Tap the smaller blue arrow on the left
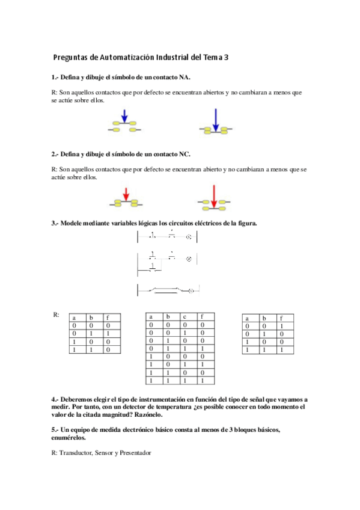click(x=124, y=115)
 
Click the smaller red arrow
click(x=126, y=194)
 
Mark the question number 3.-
click(x=55, y=224)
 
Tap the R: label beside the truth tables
click(x=56, y=315)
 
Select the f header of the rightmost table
click(x=282, y=318)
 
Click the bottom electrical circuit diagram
click(x=168, y=291)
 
